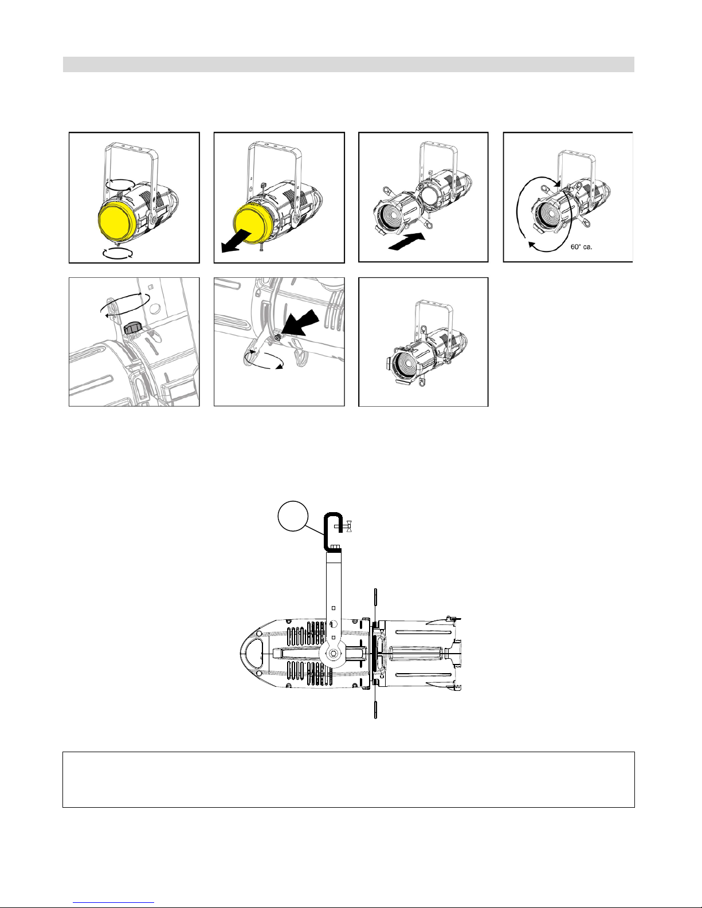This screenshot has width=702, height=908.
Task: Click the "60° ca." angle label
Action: pos(581,247)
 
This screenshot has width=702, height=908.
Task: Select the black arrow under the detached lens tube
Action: pos(406,242)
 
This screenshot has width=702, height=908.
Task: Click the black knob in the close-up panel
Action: pos(134,328)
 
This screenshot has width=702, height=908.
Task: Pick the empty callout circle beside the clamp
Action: pos(293,516)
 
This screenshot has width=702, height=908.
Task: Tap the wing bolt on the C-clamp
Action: pos(348,526)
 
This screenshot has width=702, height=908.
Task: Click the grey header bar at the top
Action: pos(348,64)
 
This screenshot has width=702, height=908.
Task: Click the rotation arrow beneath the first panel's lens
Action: pos(118,253)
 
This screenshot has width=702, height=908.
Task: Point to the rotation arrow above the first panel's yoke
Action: pos(120,184)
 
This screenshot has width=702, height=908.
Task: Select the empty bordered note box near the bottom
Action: pos(348,780)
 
